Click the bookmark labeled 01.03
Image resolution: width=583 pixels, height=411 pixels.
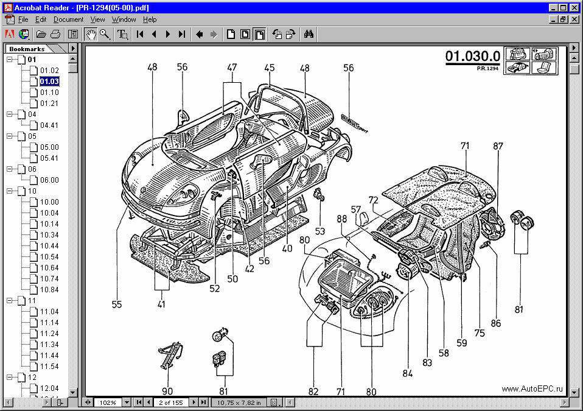pyautogui.click(x=49, y=81)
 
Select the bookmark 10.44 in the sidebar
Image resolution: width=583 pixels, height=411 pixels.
pyautogui.click(x=49, y=245)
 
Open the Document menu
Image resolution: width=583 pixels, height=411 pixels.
pyautogui.click(x=68, y=19)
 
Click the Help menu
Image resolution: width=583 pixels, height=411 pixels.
pyautogui.click(x=150, y=19)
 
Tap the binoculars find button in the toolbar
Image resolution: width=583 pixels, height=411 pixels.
pyautogui.click(x=309, y=34)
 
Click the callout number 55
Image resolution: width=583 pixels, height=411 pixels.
pyautogui.click(x=117, y=304)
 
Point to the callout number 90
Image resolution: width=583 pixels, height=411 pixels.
pyautogui.click(x=167, y=391)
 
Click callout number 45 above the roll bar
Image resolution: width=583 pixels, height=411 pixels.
pyautogui.click(x=270, y=68)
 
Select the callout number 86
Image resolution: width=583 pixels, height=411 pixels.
pyautogui.click(x=496, y=323)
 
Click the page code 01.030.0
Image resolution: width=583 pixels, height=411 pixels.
pyautogui.click(x=472, y=57)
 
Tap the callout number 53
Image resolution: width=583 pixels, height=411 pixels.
pyautogui.click(x=320, y=231)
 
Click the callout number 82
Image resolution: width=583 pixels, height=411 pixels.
pyautogui.click(x=313, y=392)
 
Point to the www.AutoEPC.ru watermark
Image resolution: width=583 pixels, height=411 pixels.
pyautogui.click(x=532, y=389)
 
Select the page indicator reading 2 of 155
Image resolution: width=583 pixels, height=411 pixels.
pyautogui.click(x=171, y=402)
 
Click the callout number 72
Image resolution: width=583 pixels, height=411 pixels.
pyautogui.click(x=373, y=200)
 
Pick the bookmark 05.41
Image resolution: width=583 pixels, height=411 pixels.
pyautogui.click(x=49, y=158)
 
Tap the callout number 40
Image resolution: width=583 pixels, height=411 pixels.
pyautogui.click(x=287, y=248)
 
